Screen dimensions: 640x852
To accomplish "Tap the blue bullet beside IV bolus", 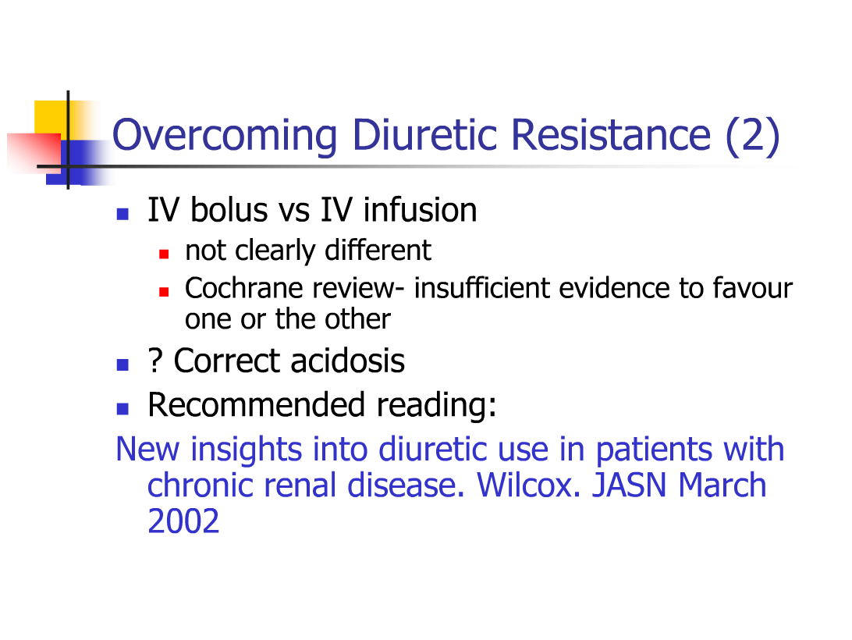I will point(122,213).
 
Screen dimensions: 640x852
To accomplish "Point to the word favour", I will point(752,289).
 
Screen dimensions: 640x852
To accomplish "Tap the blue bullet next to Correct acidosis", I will point(122,364).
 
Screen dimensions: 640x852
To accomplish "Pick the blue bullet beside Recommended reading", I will point(122,408).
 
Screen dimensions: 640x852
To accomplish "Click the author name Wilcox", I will point(529,485).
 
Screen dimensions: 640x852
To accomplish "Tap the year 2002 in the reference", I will point(183,521).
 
